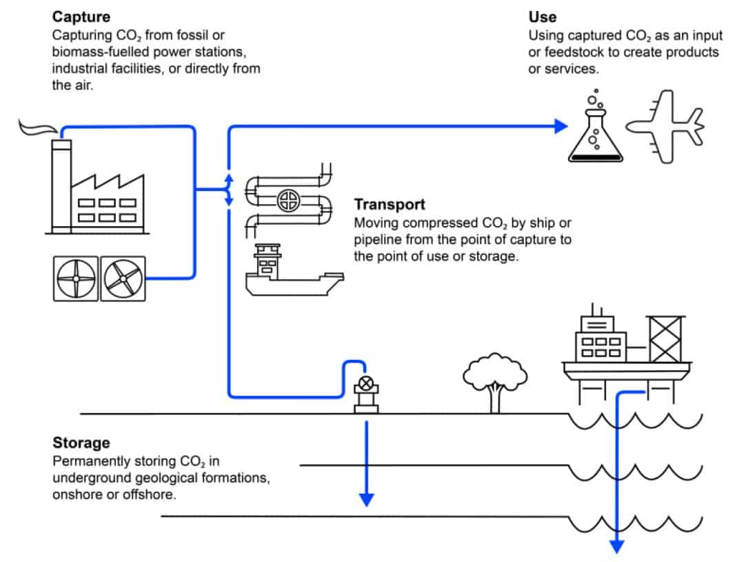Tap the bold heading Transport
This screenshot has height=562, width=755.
pos(390,205)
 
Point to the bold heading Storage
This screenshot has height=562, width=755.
pos(81,443)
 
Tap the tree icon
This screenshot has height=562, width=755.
pos(494,382)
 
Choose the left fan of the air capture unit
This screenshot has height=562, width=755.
pos(77,279)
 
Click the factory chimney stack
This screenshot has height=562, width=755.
pos(61,186)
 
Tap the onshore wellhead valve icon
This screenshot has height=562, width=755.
pos(365,385)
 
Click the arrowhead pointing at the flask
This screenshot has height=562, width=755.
pos(561,126)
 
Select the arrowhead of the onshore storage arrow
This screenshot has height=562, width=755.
pos(367,498)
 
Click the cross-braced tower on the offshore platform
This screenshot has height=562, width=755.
pos(665,339)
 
